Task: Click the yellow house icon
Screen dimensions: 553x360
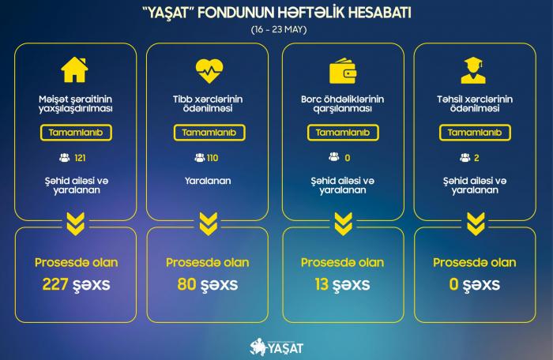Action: pyautogui.click(x=74, y=69)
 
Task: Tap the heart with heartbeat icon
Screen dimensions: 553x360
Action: pyautogui.click(x=209, y=70)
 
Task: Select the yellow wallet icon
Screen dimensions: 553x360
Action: pyautogui.click(x=343, y=71)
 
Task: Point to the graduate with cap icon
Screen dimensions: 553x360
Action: pyautogui.click(x=473, y=70)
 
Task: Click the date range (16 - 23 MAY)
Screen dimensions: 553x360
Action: pyautogui.click(x=279, y=29)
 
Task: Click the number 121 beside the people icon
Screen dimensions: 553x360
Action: pyautogui.click(x=80, y=158)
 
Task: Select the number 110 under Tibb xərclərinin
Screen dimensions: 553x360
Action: pyautogui.click(x=213, y=158)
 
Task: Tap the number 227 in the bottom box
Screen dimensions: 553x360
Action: pyautogui.click(x=55, y=284)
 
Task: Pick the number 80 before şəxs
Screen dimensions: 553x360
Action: pyautogui.click(x=186, y=284)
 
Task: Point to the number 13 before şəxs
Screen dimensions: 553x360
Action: pyautogui.click(x=322, y=284)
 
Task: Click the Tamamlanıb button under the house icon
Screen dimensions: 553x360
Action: pyautogui.click(x=76, y=133)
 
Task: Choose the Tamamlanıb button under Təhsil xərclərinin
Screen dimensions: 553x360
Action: pyautogui.click(x=475, y=133)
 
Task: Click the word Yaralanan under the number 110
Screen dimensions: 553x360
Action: pyautogui.click(x=208, y=181)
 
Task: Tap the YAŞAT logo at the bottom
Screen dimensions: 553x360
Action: pyautogui.click(x=276, y=347)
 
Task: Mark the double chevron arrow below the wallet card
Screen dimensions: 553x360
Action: pyautogui.click(x=343, y=224)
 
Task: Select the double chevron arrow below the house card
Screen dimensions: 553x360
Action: pyautogui.click(x=76, y=224)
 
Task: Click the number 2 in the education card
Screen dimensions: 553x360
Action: pyautogui.click(x=476, y=158)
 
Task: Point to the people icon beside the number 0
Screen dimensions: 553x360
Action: pyautogui.click(x=333, y=157)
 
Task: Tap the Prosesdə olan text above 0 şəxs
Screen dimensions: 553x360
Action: pyautogui.click(x=475, y=263)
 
